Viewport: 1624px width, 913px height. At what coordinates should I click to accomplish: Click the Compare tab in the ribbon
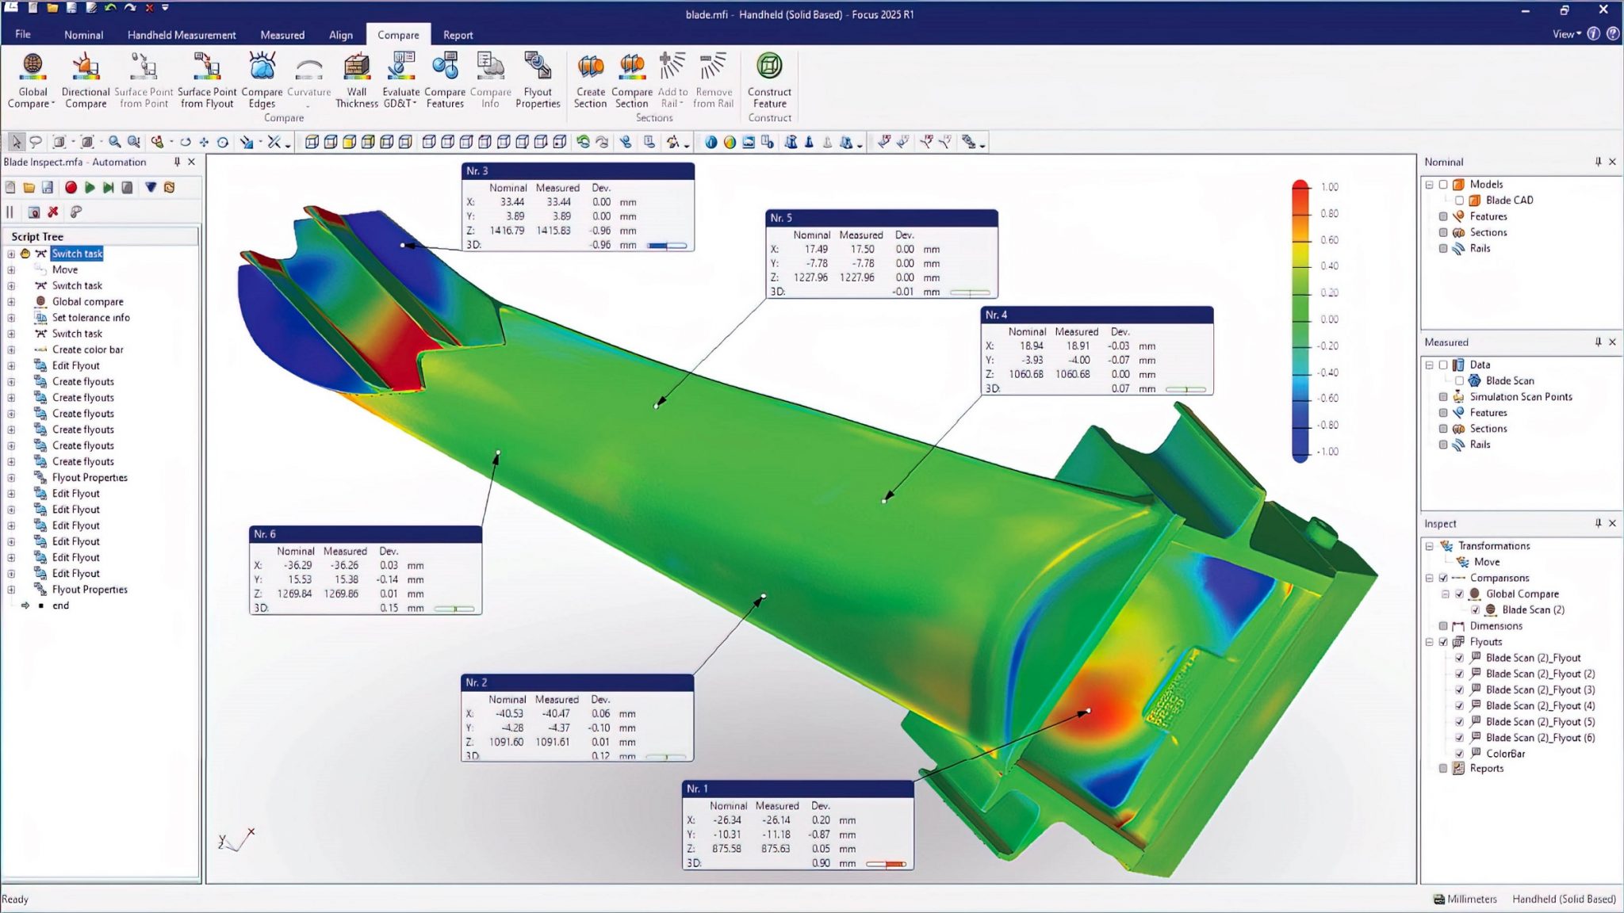(398, 35)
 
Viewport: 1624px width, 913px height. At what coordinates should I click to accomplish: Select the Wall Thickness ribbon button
(356, 80)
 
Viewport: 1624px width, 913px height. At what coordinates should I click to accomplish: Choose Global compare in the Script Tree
(87, 301)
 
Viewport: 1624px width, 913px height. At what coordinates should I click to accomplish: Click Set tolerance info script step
(90, 317)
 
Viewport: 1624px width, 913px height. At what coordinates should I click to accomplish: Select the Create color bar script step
(87, 350)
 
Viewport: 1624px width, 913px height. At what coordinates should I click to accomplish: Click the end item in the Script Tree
(60, 605)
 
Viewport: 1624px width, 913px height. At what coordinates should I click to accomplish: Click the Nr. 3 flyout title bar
(577, 170)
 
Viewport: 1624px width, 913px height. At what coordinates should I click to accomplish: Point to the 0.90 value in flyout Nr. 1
(821, 863)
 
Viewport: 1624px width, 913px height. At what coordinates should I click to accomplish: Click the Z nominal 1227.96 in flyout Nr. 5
(810, 277)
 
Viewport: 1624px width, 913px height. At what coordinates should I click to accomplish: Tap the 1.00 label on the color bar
(1330, 187)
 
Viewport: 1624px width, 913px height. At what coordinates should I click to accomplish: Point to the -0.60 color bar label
(1327, 398)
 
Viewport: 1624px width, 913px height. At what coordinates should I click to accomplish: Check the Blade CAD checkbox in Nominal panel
(1459, 201)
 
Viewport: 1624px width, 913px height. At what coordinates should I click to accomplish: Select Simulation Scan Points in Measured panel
(1520, 396)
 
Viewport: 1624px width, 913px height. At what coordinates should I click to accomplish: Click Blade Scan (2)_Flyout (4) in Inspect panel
(1540, 705)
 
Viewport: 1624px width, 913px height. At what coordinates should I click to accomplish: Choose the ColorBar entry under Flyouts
(1505, 753)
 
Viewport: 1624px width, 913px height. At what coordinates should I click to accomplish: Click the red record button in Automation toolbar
(71, 188)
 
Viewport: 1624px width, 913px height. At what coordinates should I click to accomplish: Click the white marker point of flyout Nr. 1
(1088, 711)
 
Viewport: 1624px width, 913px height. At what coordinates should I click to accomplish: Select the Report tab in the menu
(458, 35)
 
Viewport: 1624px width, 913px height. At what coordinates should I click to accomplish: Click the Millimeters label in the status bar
(1471, 899)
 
